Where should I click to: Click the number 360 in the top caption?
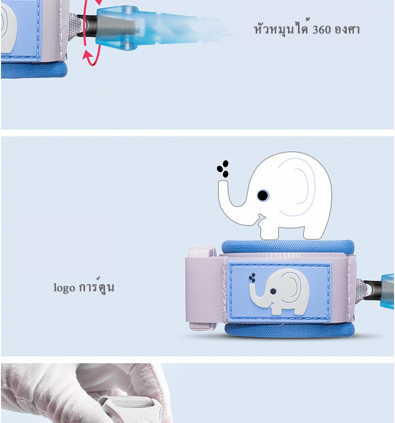[x=322, y=29]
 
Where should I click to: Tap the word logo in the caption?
[x=64, y=288]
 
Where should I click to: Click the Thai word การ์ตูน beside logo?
[x=97, y=286]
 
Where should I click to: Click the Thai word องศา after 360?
[x=347, y=29]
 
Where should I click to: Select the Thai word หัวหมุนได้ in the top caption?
[x=281, y=28]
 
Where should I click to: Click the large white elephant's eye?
[x=263, y=195]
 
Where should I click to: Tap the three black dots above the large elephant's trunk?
[x=223, y=169]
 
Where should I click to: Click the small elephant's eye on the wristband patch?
[x=273, y=291]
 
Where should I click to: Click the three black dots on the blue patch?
[x=252, y=278]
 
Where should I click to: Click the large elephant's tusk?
[x=261, y=216]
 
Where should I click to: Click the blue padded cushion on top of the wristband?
[x=288, y=246]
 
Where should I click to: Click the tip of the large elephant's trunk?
[x=223, y=182]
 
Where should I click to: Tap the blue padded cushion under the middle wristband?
[x=289, y=329]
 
